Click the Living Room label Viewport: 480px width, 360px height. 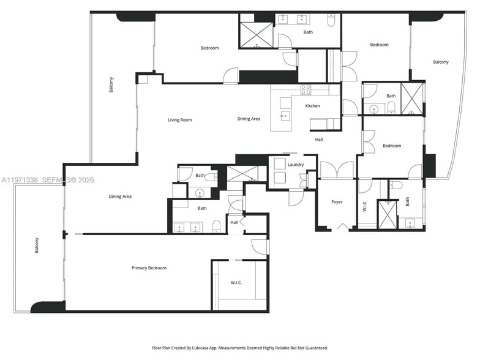point(180,120)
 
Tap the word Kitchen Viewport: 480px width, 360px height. point(313,106)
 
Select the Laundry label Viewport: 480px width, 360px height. point(296,165)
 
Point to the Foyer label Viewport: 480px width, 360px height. point(337,202)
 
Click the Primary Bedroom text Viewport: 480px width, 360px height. point(149,268)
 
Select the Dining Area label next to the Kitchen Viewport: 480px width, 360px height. point(249,119)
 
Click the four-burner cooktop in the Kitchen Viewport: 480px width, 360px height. point(306,89)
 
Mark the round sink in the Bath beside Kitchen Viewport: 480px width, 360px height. point(374,110)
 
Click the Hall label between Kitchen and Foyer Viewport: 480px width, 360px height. point(319,140)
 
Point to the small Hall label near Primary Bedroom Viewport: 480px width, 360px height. point(234,223)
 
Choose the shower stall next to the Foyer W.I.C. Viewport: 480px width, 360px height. point(387,215)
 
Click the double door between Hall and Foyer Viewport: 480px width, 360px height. point(337,170)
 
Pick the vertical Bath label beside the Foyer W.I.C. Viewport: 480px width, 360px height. point(408,201)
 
